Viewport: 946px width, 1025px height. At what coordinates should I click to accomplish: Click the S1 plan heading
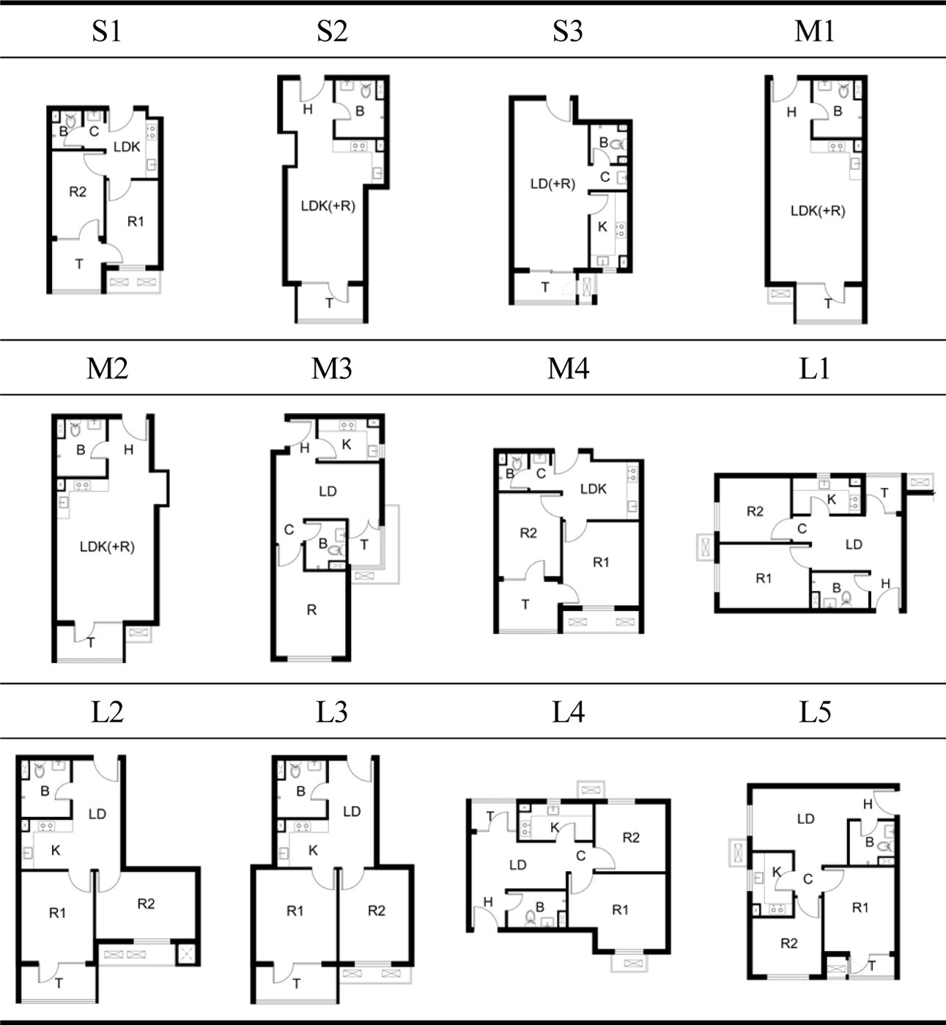pos(106,31)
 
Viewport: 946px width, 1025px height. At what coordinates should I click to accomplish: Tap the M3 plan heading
pos(331,369)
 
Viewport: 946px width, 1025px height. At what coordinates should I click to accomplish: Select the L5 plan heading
pos(815,711)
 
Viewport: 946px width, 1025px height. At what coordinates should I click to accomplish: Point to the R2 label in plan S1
pos(78,192)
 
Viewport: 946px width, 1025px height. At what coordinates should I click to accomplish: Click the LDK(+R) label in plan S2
pos(328,206)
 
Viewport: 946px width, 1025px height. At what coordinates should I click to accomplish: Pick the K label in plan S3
pos(602,226)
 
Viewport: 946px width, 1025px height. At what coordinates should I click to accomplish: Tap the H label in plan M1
pos(791,113)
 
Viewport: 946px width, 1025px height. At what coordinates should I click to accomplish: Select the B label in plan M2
pos(81,450)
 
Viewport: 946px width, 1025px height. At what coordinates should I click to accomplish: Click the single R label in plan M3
pos(311,610)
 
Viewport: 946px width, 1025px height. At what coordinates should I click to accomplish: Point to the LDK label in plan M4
pos(593,489)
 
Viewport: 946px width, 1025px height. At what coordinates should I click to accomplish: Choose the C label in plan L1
pos(802,528)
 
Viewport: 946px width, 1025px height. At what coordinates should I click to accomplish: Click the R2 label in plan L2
pos(146,903)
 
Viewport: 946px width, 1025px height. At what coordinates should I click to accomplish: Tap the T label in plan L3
pos(296,984)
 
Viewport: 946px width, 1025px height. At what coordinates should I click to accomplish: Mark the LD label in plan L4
pos(517,865)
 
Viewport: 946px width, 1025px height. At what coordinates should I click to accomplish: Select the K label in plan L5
pos(776,872)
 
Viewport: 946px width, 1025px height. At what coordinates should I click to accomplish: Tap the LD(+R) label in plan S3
pos(553,184)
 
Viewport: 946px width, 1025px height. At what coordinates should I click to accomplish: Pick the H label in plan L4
pos(487,902)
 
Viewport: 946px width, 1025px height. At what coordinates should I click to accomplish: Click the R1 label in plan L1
pos(764,578)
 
